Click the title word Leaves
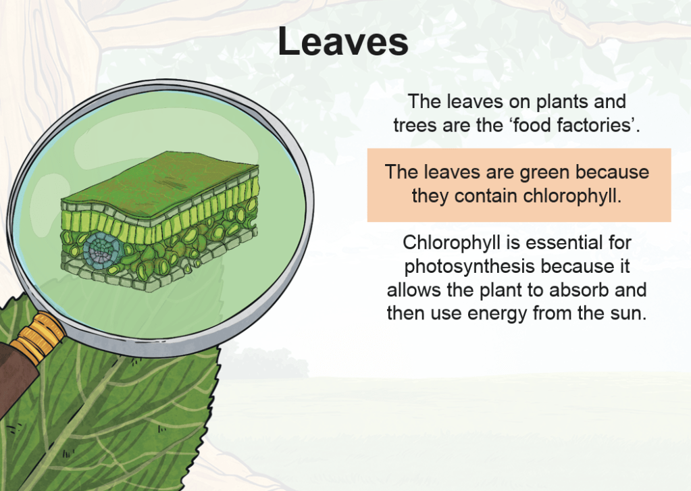[x=343, y=41]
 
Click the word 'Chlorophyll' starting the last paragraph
[x=452, y=243]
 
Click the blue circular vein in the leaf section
[x=101, y=249]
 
